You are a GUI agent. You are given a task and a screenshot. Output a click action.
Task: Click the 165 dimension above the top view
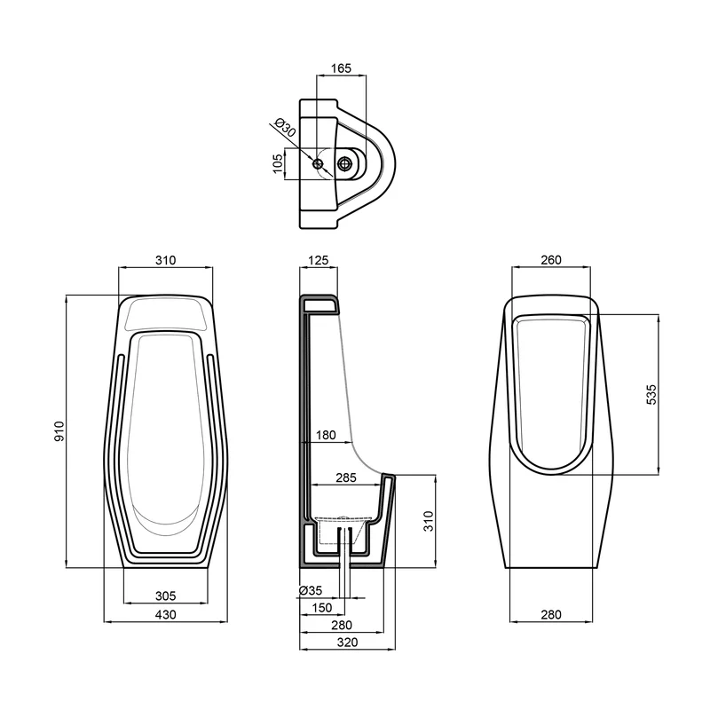coord(341,68)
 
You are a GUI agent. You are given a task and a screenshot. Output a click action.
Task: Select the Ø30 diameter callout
coord(285,127)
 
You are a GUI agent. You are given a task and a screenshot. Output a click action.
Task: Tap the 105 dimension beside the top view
coord(278,163)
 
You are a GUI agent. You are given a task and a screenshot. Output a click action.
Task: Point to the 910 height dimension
coord(59,431)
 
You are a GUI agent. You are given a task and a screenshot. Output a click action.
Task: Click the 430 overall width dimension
coord(166,614)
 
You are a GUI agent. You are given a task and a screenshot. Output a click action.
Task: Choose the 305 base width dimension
coord(166,596)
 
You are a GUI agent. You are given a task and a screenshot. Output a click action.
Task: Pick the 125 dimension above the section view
coord(319,260)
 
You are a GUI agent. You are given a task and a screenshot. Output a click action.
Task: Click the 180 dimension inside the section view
coord(326,435)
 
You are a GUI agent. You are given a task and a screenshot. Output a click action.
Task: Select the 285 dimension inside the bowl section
coord(346,477)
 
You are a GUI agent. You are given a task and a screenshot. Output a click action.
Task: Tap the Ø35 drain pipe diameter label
coord(311,590)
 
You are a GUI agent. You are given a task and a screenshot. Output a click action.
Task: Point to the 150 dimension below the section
coord(322,608)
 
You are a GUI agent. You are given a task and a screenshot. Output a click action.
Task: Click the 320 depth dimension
coord(347,642)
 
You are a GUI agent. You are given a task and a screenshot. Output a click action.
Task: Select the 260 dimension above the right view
coord(551,260)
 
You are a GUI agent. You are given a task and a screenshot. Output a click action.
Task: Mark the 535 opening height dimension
coord(651,394)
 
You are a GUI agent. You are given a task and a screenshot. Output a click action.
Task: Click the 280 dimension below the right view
coord(551,614)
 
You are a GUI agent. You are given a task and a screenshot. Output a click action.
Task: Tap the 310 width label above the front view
coord(166,260)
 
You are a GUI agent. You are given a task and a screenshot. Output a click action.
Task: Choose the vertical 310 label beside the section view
coord(428,521)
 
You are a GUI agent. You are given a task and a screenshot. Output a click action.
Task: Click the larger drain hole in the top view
coord(345,163)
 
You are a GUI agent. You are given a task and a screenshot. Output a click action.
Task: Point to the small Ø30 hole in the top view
coord(318,163)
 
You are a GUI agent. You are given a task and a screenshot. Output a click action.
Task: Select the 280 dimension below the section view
coord(342,625)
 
